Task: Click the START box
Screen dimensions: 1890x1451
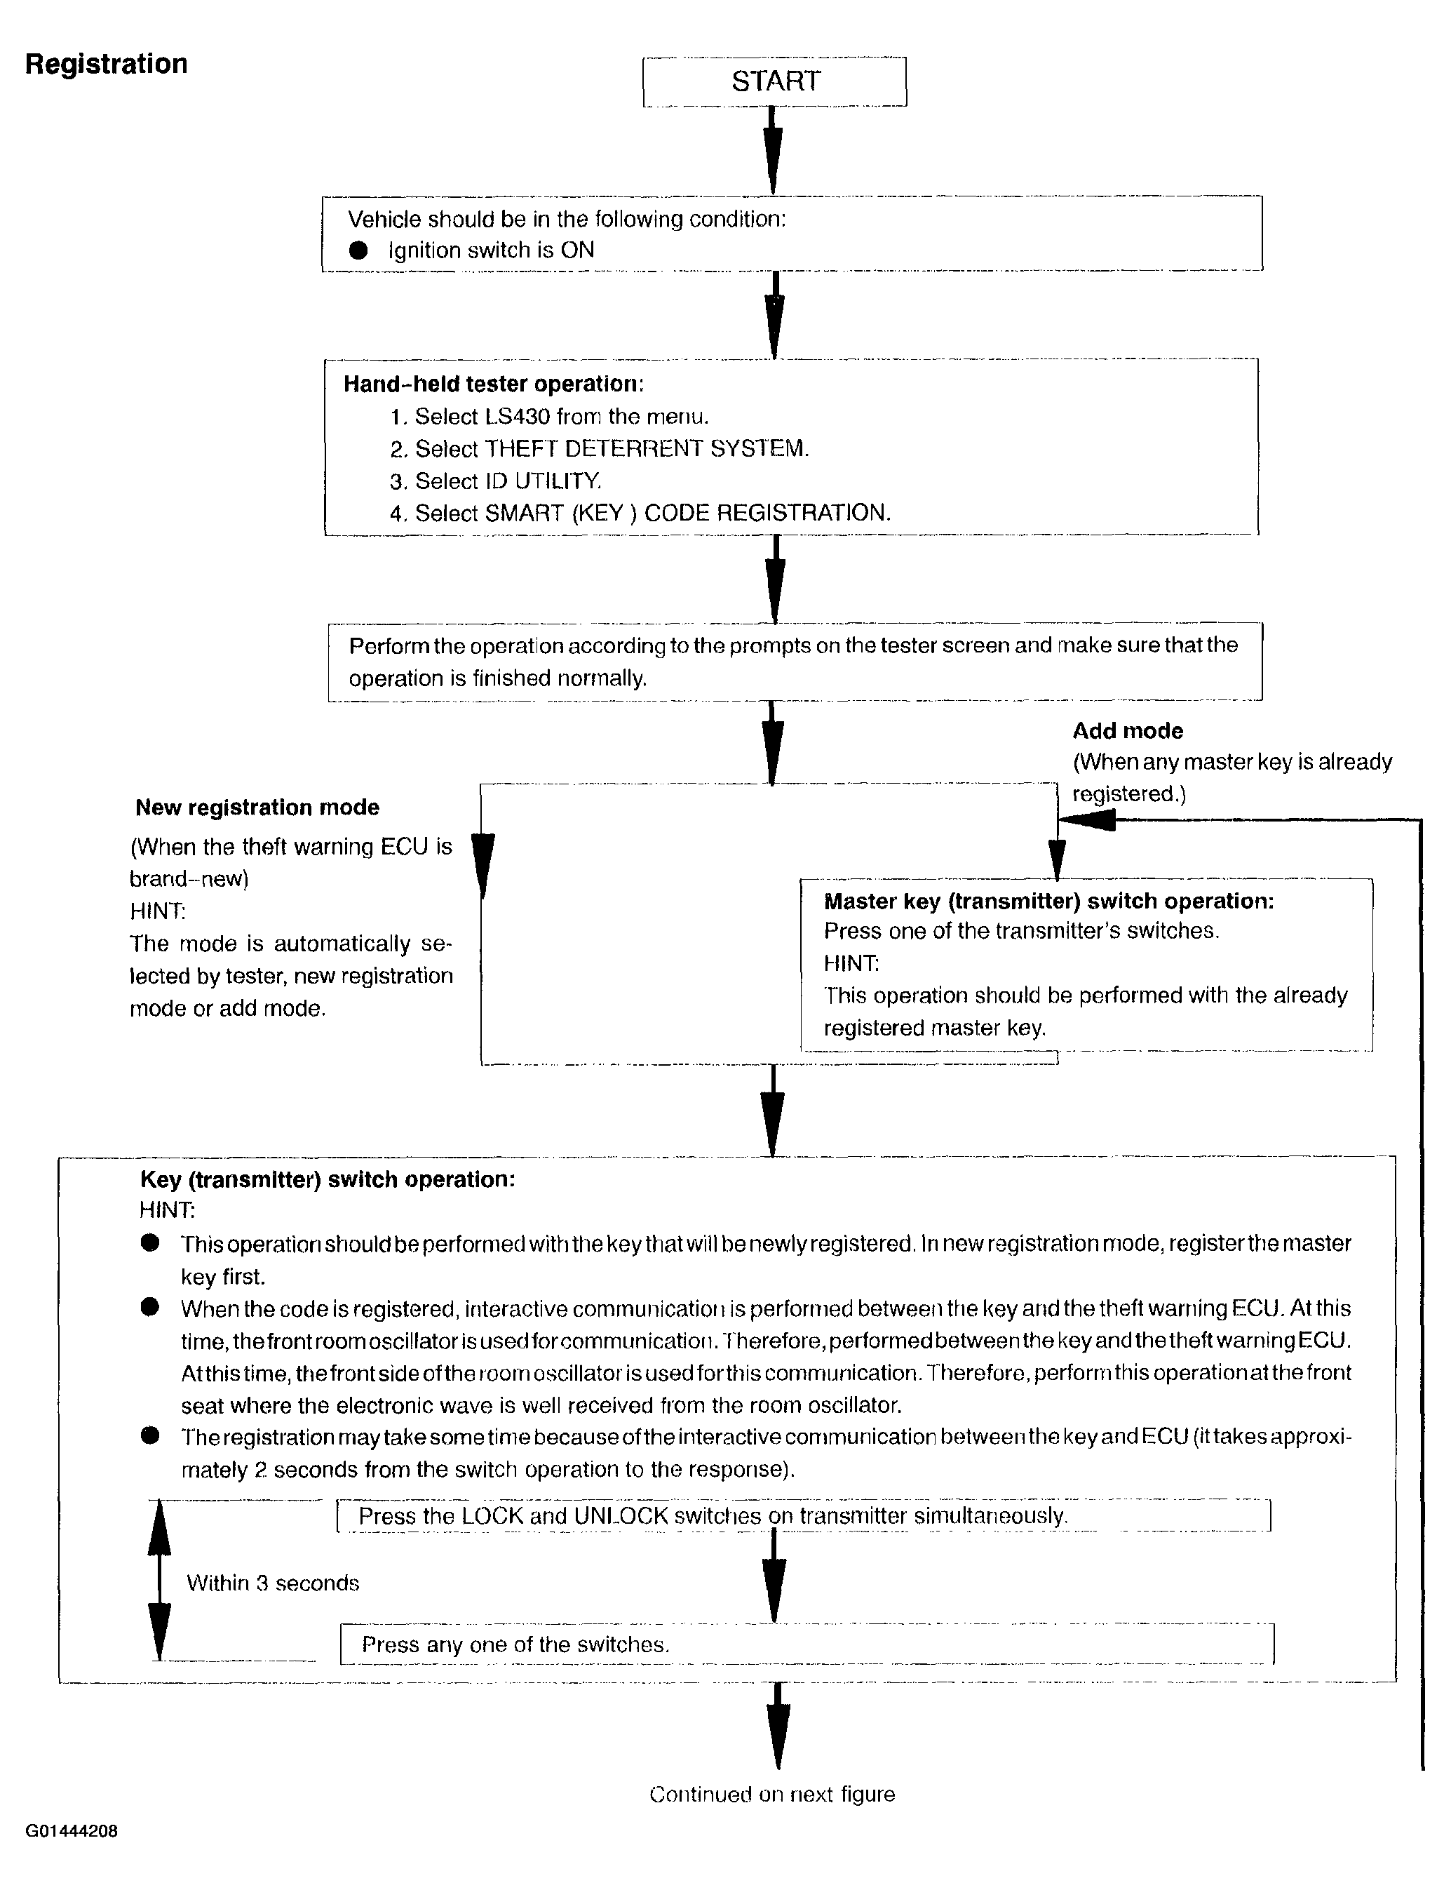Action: pos(775,82)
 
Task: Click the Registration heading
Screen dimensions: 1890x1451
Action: pos(106,64)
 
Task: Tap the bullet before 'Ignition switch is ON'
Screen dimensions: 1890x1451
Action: pos(358,250)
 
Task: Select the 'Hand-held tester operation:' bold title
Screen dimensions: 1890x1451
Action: pos(493,384)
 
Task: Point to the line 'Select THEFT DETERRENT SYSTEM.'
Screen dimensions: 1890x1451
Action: pos(612,449)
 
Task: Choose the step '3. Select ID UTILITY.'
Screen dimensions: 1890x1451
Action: pos(495,481)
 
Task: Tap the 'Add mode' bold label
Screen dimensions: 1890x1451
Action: pos(1127,731)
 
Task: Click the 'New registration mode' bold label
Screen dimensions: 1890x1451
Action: pos(257,807)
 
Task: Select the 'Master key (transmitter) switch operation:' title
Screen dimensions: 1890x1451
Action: pos(1048,901)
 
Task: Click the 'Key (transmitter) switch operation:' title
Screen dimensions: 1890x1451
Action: pos(328,1180)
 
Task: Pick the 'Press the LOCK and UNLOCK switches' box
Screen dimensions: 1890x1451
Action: pos(803,1516)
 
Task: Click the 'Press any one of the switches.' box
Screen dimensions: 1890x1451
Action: pos(807,1644)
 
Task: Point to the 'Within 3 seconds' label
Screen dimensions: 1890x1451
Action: pos(273,1583)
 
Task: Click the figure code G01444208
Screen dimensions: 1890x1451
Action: pos(72,1831)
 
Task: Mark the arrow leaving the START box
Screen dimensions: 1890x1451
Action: pos(774,151)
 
